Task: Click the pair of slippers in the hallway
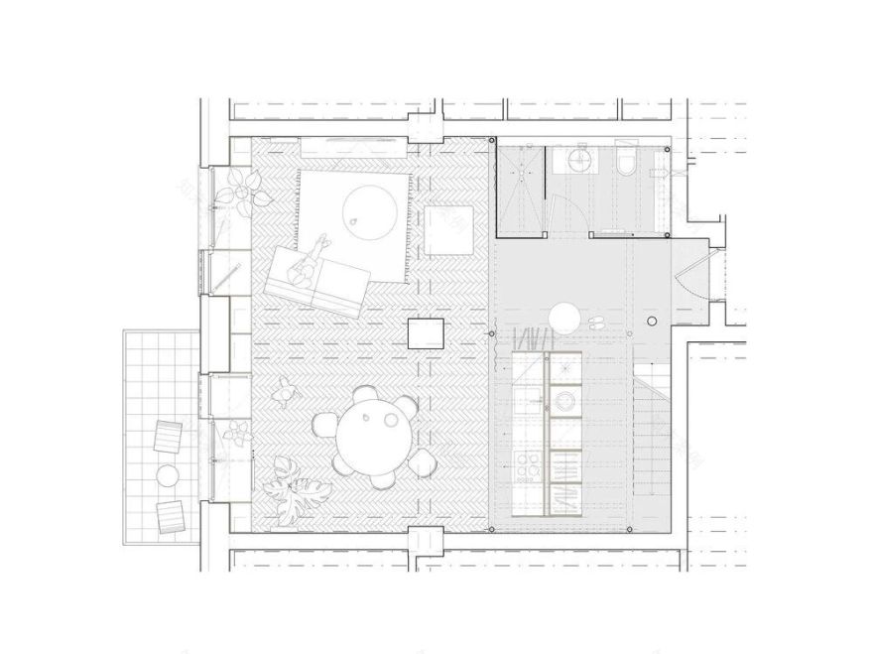pos(598,321)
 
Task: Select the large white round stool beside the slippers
pos(565,319)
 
